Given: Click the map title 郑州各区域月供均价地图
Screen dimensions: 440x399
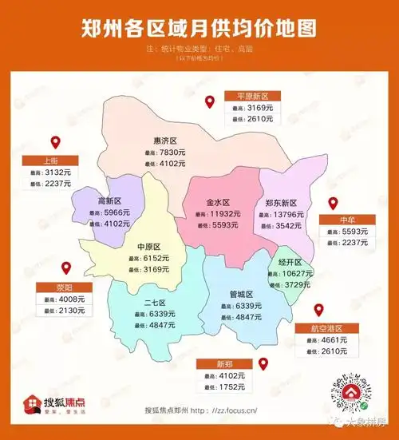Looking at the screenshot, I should (x=199, y=29).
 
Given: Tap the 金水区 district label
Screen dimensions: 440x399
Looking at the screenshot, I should (x=218, y=203).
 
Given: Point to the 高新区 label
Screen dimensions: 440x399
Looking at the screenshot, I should (x=109, y=201).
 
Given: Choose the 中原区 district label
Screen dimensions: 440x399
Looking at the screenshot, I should (x=149, y=247).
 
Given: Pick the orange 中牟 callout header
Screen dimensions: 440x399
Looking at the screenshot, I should (x=346, y=220).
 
